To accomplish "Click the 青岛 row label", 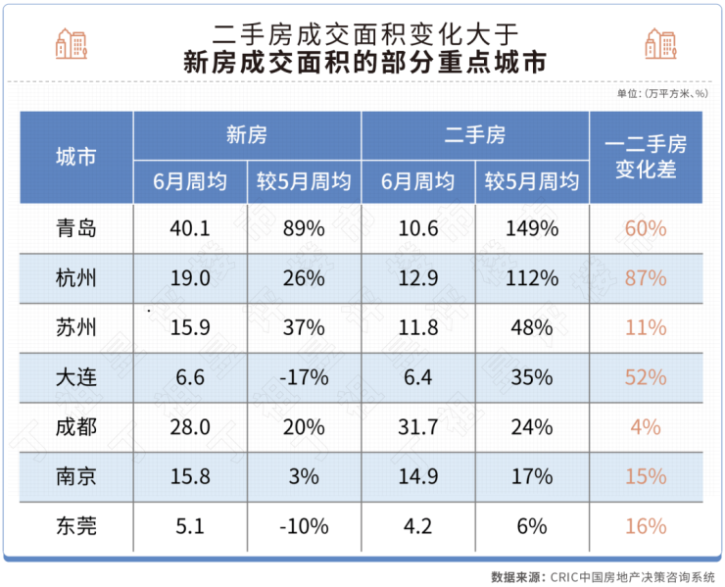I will click(x=75, y=228).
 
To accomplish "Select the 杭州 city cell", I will click(x=75, y=278).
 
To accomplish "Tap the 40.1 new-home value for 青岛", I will click(x=190, y=228).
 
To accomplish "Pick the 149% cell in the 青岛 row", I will click(x=533, y=228).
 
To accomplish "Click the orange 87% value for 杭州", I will click(x=646, y=278).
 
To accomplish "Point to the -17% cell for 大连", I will click(x=303, y=377).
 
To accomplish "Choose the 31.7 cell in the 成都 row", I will click(x=418, y=427).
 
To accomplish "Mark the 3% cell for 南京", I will click(x=304, y=476).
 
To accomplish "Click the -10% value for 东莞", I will click(x=303, y=526).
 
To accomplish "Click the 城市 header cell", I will click(x=75, y=157).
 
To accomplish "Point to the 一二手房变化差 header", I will click(x=646, y=157).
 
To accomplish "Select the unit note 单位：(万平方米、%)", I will click(x=662, y=94).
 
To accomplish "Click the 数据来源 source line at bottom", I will click(x=603, y=576).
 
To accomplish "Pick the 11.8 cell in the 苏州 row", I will click(x=418, y=328).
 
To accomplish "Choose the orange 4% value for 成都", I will click(x=646, y=427).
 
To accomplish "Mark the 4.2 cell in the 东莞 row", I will click(x=418, y=526).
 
